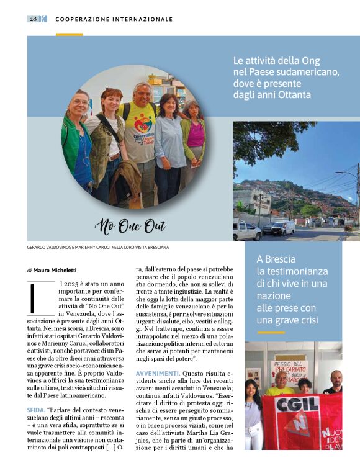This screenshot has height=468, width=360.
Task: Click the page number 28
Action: click(x=33, y=19)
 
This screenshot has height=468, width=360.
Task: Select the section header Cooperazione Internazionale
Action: click(x=114, y=19)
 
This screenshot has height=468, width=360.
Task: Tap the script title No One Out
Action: click(x=131, y=227)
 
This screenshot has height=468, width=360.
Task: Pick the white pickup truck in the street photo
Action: click(x=247, y=232)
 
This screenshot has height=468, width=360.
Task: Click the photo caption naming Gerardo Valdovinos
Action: click(x=97, y=247)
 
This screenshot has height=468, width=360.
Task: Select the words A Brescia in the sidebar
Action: click(x=276, y=259)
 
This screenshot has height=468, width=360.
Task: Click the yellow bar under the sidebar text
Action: click(x=271, y=332)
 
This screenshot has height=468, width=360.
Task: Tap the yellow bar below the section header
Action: click(x=69, y=34)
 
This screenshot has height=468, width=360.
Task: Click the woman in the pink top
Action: click(x=194, y=133)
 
